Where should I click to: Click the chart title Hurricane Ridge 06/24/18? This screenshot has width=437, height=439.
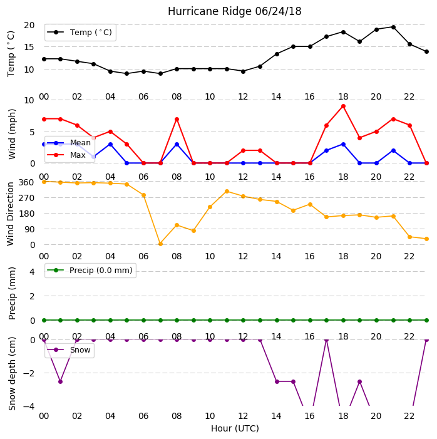pos(234,11)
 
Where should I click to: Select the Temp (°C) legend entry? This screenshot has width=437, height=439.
pos(80,33)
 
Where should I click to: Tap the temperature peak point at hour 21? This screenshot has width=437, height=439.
pos(393,27)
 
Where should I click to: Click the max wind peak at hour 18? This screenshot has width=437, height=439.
pos(343,106)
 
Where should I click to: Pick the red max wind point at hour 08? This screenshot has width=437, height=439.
pos(177,120)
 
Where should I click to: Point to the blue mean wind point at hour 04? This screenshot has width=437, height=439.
pos(110,145)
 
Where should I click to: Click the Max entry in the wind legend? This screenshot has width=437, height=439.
pos(66,155)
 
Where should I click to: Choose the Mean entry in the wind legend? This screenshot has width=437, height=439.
pos(69,143)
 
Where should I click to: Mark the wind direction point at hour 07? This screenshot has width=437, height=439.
pos(160,244)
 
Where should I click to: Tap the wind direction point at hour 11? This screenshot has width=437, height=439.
pos(227,192)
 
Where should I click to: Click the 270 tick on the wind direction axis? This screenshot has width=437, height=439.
pos(26,198)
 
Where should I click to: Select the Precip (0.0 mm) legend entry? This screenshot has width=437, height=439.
pos(90,270)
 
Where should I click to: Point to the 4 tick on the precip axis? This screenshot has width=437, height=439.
pos(32,272)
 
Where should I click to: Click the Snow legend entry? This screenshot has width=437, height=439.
pos(69,350)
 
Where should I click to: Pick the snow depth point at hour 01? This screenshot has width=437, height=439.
pos(60,381)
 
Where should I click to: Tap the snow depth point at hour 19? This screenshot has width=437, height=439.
pos(360,381)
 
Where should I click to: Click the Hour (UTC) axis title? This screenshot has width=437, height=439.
pos(235,428)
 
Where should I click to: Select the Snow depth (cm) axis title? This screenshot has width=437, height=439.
pos(12,373)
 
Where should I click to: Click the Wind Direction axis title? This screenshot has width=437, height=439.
pos(11,214)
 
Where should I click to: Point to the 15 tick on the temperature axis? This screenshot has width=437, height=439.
pos(29,47)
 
